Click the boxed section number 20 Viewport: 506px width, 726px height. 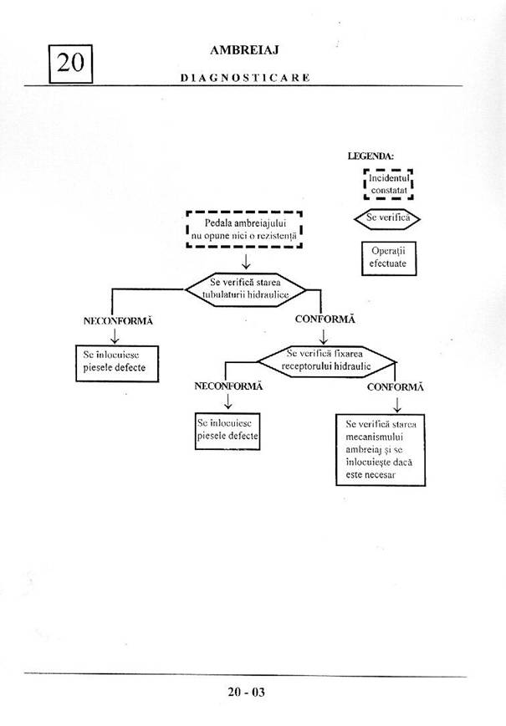pos(71,64)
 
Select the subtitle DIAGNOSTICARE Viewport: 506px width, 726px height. pos(245,77)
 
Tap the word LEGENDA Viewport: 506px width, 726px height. pos(371,156)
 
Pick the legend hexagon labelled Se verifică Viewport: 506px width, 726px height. pos(389,218)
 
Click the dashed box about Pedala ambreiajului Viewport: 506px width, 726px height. pos(243,230)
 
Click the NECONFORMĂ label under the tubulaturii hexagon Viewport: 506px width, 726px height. pos(118,320)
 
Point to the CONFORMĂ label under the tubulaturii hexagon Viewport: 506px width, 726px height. pos(325,319)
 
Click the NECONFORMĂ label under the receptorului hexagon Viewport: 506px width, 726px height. pos(228,386)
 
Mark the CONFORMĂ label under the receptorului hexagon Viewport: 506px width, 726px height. pos(395,387)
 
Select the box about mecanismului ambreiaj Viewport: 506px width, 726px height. pos(381,449)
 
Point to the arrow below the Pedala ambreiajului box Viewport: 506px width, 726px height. pos(245,262)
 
